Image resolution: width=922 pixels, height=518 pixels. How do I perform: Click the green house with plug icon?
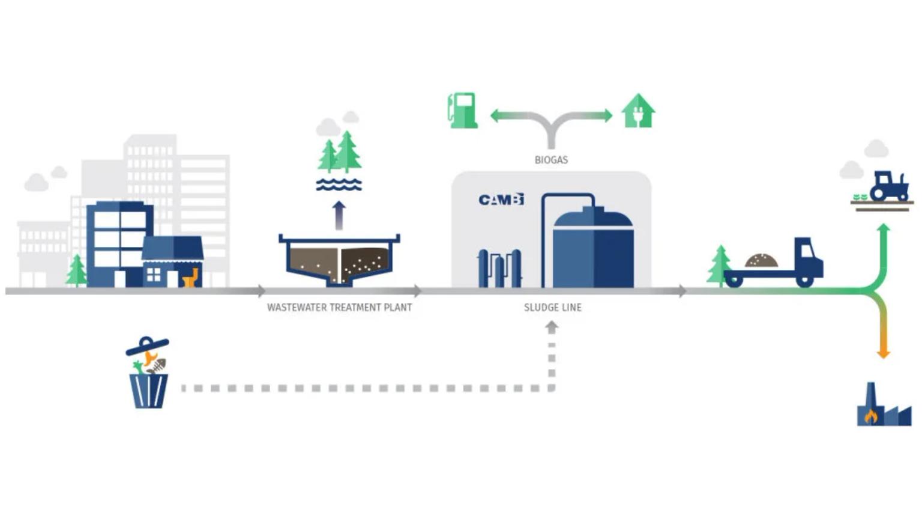click(x=638, y=111)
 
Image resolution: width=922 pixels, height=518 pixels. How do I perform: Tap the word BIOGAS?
click(x=551, y=160)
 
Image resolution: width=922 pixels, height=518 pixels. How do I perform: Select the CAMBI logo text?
click(x=501, y=200)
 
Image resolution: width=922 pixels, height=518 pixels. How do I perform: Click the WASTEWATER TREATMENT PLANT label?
click(x=339, y=308)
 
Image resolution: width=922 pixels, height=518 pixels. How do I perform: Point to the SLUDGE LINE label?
click(x=552, y=308)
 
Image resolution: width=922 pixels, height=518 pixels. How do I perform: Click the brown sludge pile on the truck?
click(x=761, y=260)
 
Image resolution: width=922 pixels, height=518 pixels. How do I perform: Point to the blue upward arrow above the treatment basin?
click(x=339, y=215)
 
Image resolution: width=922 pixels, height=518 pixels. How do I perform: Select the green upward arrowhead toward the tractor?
click(x=883, y=229)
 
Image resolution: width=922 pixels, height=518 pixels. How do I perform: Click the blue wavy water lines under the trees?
click(x=339, y=184)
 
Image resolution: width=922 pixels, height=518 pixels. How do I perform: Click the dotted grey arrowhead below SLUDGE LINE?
click(x=552, y=327)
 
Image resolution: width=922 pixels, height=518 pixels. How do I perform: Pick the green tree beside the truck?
click(x=719, y=264)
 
